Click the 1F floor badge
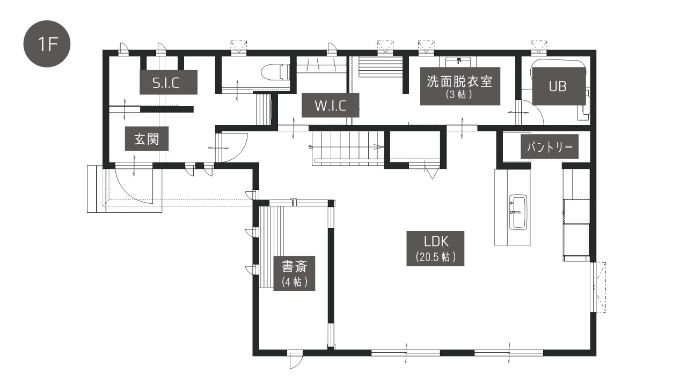47,44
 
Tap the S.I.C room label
169,82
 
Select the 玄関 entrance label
147,139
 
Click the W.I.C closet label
330,105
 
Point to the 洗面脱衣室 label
460,86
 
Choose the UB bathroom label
559,86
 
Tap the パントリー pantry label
549,146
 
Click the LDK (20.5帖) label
435,248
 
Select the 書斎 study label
294,273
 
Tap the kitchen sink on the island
518,212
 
